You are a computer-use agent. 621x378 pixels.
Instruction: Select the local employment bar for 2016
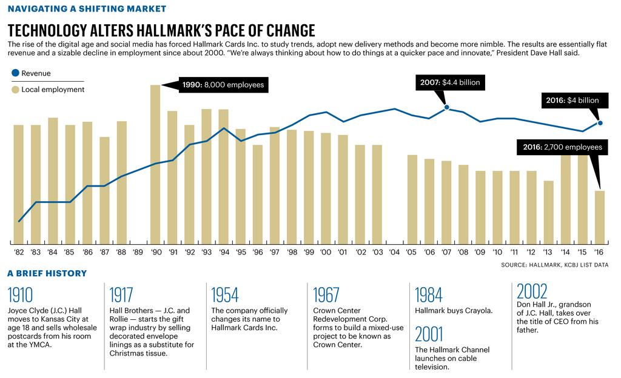point(599,216)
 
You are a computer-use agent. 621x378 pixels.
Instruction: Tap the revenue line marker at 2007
point(447,107)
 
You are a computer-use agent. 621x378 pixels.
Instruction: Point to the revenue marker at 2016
point(600,123)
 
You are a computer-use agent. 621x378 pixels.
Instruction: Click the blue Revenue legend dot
point(15,73)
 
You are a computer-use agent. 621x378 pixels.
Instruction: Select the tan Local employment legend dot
point(15,90)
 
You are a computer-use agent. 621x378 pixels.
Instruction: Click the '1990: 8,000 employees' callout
point(223,85)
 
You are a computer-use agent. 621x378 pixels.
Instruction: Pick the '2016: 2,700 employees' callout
point(562,147)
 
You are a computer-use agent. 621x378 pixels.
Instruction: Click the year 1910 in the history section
point(21,295)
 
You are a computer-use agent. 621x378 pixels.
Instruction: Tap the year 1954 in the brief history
point(224,295)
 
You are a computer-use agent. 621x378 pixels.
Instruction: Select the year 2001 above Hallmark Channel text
point(429,334)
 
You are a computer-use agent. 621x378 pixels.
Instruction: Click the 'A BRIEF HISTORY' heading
point(47,273)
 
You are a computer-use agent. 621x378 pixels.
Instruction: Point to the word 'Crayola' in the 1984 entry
point(477,311)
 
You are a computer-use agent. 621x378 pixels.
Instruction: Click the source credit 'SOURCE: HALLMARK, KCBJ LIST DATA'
point(554,265)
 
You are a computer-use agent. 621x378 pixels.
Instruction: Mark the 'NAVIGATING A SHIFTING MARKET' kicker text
point(87,9)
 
